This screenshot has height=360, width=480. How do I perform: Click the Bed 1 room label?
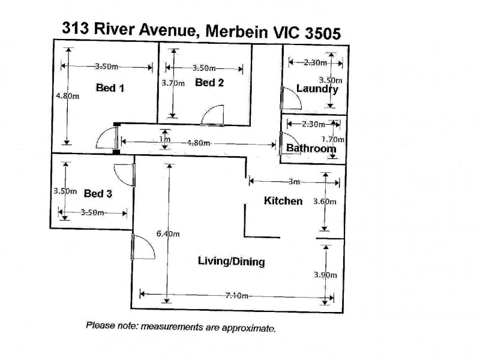coord(110,88)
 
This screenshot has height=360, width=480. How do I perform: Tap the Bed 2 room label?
coord(209,83)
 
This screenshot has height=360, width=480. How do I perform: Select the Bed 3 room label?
coord(98,193)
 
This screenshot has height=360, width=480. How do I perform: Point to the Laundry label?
coord(317,89)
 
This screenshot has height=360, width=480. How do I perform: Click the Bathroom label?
coord(310,148)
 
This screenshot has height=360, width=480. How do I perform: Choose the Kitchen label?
coord(283,200)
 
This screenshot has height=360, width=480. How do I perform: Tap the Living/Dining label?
coord(231,262)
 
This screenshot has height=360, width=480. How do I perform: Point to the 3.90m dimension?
coord(325,275)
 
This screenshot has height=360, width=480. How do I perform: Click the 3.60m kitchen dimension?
coord(325,202)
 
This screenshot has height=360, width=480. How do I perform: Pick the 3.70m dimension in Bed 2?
coord(172,83)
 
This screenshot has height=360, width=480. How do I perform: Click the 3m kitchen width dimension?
coord(293,181)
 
